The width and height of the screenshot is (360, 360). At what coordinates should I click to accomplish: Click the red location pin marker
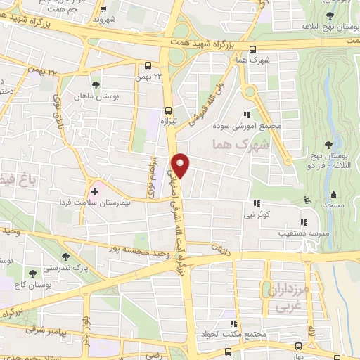[181, 165]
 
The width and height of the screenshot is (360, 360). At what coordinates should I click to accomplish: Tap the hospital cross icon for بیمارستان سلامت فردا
[95, 191]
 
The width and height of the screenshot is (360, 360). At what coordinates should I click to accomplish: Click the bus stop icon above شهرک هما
[252, 49]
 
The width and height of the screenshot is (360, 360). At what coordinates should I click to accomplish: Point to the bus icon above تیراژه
[168, 110]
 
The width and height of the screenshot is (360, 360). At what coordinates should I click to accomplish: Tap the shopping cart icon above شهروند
[104, 10]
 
